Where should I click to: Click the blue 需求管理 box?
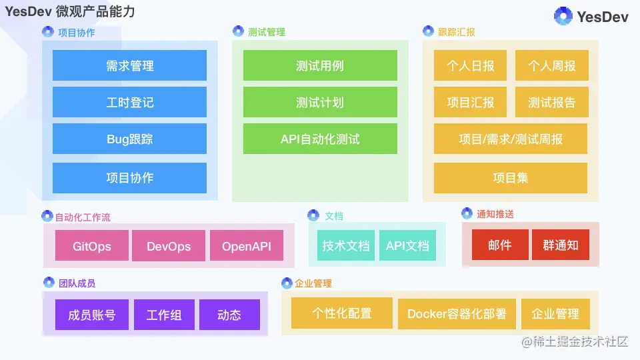tap(129, 65)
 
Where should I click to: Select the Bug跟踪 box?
tap(129, 139)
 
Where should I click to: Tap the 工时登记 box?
tap(129, 102)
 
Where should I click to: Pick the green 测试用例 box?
tap(320, 65)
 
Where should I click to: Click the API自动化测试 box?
tap(320, 139)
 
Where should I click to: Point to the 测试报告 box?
tap(551, 102)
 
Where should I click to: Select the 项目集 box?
tap(511, 177)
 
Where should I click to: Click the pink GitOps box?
tap(92, 246)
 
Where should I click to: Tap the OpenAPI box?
tap(247, 246)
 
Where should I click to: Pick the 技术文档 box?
tap(345, 245)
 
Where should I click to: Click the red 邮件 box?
tap(500, 245)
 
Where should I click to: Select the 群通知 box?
tap(561, 245)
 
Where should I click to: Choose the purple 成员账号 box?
tap(92, 315)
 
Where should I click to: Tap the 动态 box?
tap(229, 315)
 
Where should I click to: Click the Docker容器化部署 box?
tap(457, 313)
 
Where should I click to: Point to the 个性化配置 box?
tap(342, 313)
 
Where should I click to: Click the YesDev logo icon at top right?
tap(563, 17)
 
